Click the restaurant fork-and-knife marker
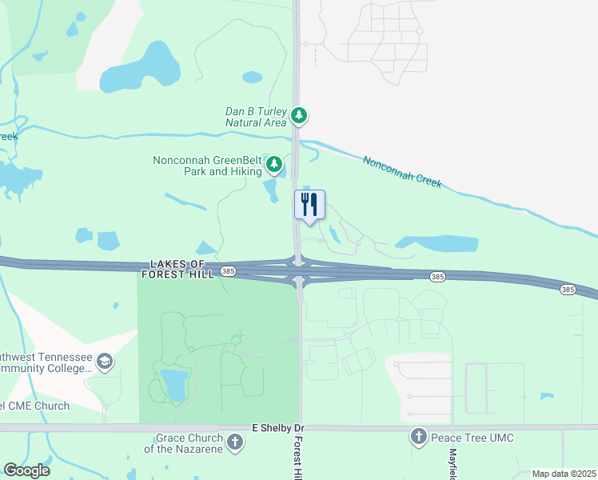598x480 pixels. point(310,204)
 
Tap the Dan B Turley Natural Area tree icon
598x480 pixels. point(299,116)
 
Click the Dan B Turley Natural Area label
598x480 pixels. point(255,117)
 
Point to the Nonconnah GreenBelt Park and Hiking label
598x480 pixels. point(208,166)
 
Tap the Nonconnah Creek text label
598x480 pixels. point(402,171)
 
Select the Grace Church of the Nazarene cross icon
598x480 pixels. point(235,442)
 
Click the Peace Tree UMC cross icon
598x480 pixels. point(418,437)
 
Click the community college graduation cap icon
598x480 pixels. point(104,362)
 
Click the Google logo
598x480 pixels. point(26,470)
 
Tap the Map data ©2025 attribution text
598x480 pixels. point(563,474)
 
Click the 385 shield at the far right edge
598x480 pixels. point(567,289)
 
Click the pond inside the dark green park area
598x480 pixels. point(173,382)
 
